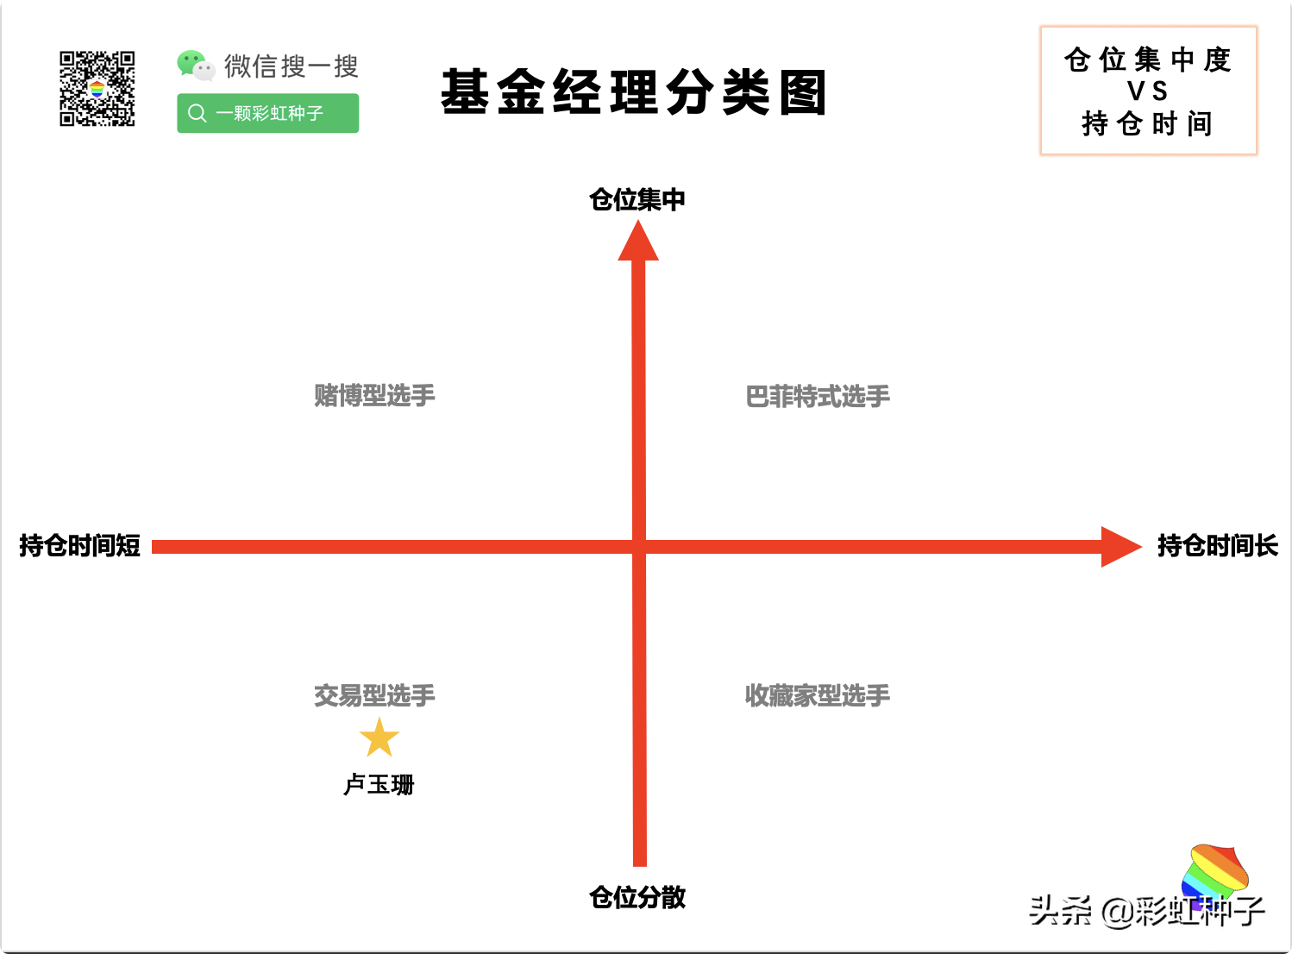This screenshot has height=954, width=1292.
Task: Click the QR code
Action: point(97,88)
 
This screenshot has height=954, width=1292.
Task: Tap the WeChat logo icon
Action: point(196,66)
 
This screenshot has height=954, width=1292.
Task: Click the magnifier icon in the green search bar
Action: point(198,113)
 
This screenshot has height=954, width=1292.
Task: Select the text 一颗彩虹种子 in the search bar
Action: point(269,113)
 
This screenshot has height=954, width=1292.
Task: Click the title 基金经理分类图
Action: point(634,92)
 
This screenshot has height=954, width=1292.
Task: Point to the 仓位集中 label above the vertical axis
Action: point(637,199)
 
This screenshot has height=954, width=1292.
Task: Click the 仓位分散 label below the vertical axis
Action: point(637,897)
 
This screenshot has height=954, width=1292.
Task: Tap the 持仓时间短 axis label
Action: point(79,546)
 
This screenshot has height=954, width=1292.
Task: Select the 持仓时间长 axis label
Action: point(1217,546)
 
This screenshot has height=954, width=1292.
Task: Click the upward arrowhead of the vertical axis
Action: point(638,242)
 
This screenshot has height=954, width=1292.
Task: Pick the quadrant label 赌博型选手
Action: point(374,396)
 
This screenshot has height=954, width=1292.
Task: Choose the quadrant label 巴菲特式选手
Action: point(817,397)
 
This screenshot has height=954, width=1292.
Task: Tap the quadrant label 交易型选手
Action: point(374,695)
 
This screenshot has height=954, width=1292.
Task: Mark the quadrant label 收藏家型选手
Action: point(817,695)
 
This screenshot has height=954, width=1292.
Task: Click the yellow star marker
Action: point(379,738)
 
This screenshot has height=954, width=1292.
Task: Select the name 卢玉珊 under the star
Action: point(379,785)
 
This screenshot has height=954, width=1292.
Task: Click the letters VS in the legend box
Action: point(1147,91)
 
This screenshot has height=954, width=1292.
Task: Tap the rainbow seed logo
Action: point(1215,873)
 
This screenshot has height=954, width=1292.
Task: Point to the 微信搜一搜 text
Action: point(291,66)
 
